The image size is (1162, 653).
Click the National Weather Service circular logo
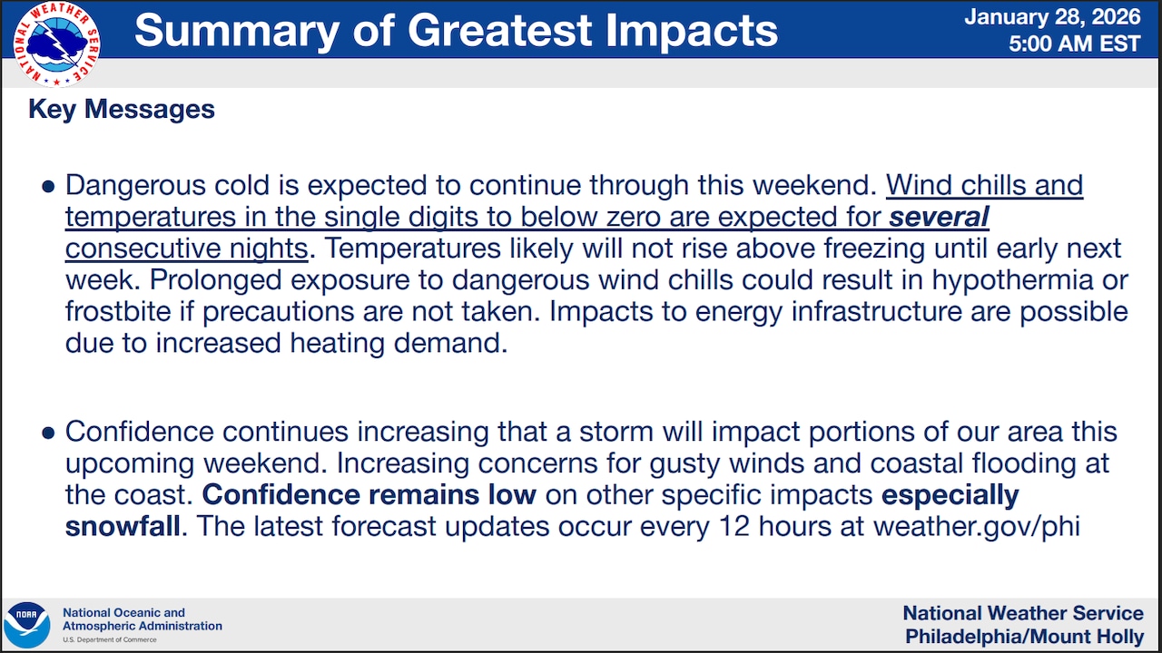tap(56, 44)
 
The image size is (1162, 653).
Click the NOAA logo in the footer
tap(27, 625)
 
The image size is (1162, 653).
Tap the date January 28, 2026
tap(1052, 17)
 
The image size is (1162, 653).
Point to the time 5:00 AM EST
tap(1075, 44)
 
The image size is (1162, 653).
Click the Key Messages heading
tap(122, 110)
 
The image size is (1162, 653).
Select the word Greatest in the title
tap(499, 30)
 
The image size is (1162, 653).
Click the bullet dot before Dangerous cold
tap(48, 186)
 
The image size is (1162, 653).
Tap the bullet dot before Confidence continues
tap(48, 433)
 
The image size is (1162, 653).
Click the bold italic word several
tap(939, 217)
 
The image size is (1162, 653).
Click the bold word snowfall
tap(123, 526)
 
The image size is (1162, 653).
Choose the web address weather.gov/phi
tap(977, 527)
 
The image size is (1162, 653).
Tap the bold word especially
tap(950, 495)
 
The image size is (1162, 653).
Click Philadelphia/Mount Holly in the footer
tap(1025, 636)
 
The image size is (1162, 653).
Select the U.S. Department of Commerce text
tap(110, 640)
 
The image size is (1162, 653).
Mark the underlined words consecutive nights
tap(187, 249)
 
